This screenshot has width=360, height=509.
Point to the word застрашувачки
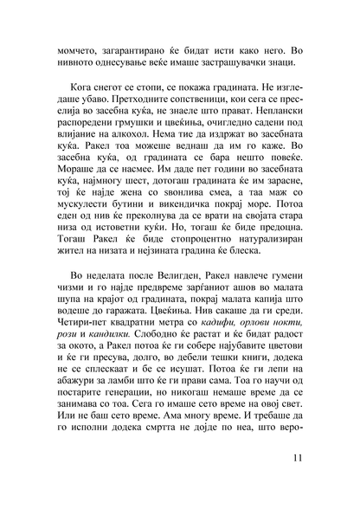coord(235,66)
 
